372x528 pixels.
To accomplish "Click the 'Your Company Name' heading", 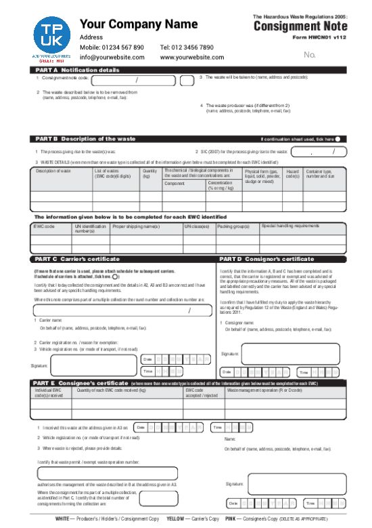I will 139,24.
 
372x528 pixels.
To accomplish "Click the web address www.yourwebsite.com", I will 192,58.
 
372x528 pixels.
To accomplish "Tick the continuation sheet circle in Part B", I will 337,139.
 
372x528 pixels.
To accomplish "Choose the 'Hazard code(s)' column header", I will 292,174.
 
